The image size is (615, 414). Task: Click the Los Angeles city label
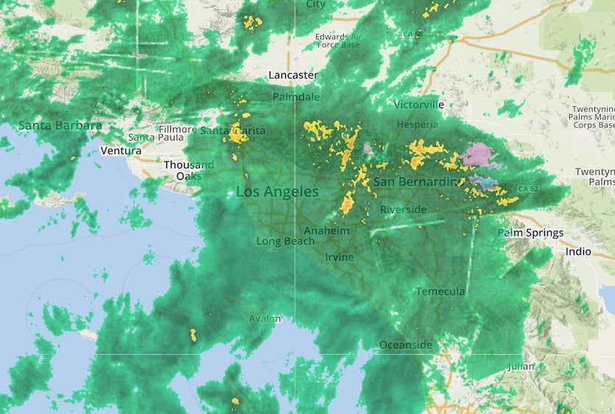[277, 192]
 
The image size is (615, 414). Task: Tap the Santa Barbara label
[60, 125]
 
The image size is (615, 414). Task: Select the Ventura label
[121, 151]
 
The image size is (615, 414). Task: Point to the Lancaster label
[293, 75]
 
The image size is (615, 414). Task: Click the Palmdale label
[296, 97]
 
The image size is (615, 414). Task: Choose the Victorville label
[419, 105]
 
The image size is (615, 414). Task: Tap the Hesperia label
[418, 124]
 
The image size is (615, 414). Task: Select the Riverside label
[403, 210]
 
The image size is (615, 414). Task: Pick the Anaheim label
[326, 231]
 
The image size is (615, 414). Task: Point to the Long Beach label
[285, 241]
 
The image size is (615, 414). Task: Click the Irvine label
[340, 257]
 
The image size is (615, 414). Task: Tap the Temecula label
[440, 292]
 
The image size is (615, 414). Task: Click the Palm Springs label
[530, 233]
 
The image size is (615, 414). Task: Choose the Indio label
[577, 251]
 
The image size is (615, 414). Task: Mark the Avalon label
[264, 319]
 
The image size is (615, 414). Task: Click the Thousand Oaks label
[189, 170]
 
